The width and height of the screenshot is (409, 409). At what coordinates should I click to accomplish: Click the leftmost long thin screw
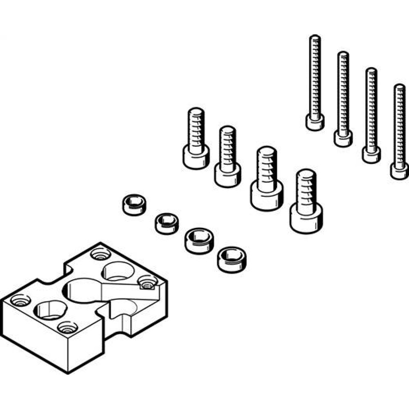click(315, 82)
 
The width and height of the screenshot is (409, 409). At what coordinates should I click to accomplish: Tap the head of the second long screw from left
click(343, 138)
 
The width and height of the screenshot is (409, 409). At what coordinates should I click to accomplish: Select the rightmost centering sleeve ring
click(229, 258)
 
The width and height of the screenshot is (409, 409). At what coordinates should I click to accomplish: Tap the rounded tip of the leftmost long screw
click(315, 38)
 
